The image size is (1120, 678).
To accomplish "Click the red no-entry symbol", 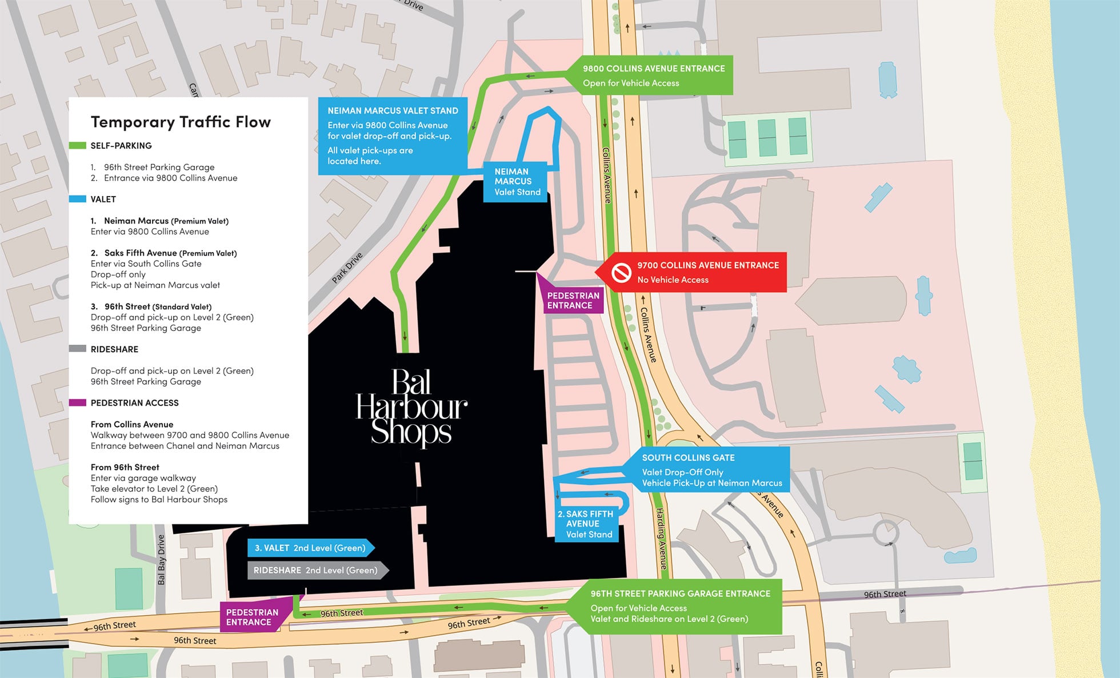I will (621, 272).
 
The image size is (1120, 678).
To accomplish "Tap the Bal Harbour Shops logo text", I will (411, 407).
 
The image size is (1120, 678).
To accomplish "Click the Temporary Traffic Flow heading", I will (181, 122).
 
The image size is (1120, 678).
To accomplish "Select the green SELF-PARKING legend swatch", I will (77, 145).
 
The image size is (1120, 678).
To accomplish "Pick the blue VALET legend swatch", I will (77, 199).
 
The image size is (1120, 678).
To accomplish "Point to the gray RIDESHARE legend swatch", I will (77, 349).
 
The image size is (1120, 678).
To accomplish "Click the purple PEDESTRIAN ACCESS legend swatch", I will (77, 402).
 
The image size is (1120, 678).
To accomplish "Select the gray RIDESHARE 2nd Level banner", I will (315, 570).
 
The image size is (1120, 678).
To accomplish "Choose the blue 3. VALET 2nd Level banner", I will (310, 548).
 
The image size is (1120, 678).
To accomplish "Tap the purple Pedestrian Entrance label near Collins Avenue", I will (573, 300).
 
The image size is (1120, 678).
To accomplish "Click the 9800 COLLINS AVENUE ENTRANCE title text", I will (653, 69).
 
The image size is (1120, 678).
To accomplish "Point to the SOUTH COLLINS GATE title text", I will (688, 457).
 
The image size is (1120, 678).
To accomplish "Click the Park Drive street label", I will (347, 268).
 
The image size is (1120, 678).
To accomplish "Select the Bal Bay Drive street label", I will (161, 560).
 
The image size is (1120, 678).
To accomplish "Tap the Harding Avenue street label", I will (661, 539).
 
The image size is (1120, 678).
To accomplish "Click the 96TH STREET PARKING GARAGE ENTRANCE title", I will (680, 593).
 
